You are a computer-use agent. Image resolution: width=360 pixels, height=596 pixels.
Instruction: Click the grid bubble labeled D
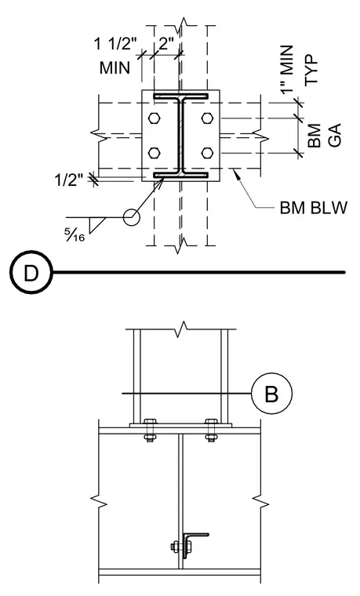(x=31, y=272)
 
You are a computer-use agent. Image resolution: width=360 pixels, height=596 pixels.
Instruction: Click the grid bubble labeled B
(x=271, y=394)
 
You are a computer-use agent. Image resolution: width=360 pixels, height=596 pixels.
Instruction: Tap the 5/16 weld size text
(x=75, y=236)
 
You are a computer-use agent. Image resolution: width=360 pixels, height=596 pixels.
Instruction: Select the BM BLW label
(x=314, y=208)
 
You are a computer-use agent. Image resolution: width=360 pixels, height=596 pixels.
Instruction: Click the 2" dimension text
(x=166, y=44)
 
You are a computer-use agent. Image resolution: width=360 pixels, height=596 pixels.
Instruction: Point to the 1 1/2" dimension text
(x=115, y=44)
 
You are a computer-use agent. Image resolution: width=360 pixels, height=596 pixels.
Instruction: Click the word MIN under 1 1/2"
(x=115, y=68)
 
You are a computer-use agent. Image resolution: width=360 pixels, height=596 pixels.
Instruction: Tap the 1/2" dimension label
(x=69, y=180)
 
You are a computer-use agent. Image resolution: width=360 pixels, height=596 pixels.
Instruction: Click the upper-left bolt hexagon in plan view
(x=154, y=118)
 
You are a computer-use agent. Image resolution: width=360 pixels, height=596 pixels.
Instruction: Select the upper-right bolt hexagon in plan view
(x=207, y=118)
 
